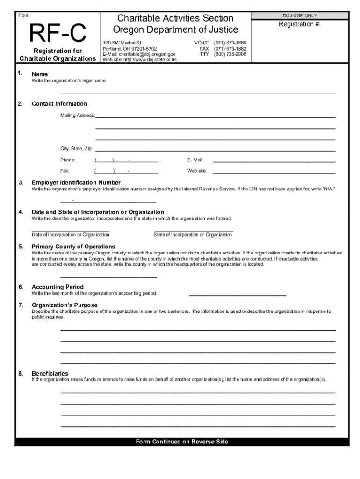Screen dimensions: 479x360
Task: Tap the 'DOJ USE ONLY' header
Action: (x=300, y=15)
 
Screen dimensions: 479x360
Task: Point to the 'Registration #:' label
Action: (x=300, y=24)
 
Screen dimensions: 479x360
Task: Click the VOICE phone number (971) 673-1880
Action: (x=230, y=43)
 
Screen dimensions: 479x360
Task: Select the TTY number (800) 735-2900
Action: (x=230, y=54)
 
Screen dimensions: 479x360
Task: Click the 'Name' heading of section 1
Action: (x=40, y=74)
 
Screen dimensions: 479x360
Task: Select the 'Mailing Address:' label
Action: (x=78, y=115)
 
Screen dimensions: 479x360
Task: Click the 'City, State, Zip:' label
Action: (x=76, y=149)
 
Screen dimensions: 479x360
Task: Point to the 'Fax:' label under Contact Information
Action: (x=65, y=171)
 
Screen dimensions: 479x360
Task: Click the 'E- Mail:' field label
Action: (x=195, y=160)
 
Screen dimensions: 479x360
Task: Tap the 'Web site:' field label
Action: (x=197, y=171)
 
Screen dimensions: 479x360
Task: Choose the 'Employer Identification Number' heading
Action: (x=76, y=182)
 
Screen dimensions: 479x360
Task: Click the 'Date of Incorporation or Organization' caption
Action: (x=70, y=235)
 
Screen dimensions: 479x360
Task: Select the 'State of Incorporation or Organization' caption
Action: (x=193, y=235)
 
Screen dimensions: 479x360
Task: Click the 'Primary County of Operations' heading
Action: (x=73, y=247)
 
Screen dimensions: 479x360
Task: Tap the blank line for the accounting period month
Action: (x=238, y=295)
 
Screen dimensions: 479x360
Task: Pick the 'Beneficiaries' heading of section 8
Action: (x=50, y=373)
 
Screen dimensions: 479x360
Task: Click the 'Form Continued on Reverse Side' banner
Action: (x=182, y=442)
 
